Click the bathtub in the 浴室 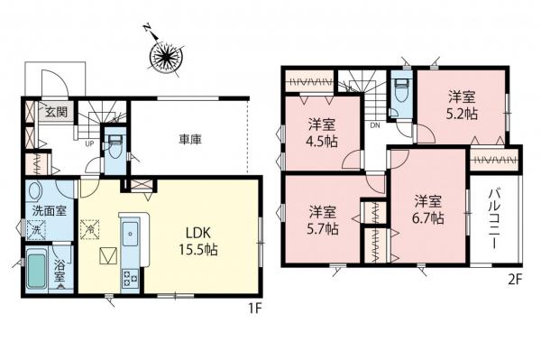tap(37, 271)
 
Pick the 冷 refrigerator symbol tap(91, 229)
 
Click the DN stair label tap(374, 125)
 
